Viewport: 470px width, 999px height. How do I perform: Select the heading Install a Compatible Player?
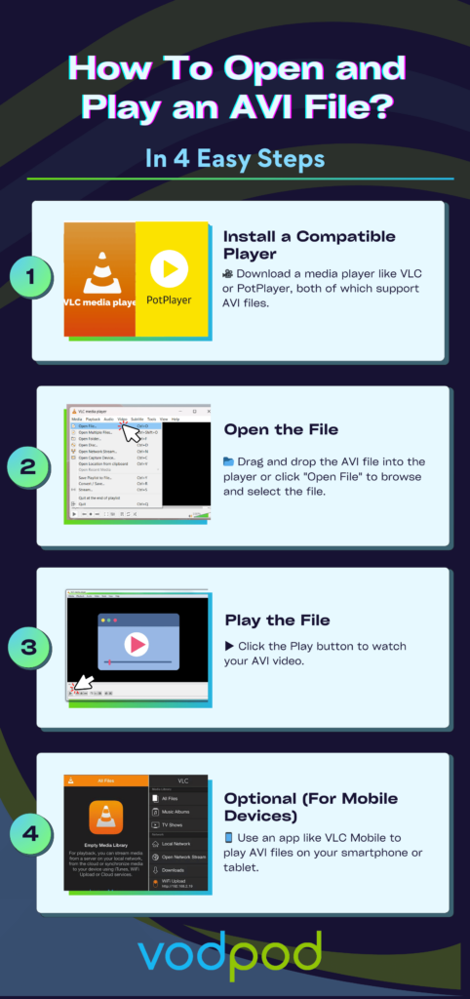pos(308,244)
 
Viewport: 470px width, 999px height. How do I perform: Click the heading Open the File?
pos(283,429)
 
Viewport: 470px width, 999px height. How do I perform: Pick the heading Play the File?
pos(277,619)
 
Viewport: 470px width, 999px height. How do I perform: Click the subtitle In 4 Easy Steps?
pos(235,158)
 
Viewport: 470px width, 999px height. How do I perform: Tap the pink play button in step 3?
pos(137,644)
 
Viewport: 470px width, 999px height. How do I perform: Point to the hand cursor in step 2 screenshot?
pos(129,429)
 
